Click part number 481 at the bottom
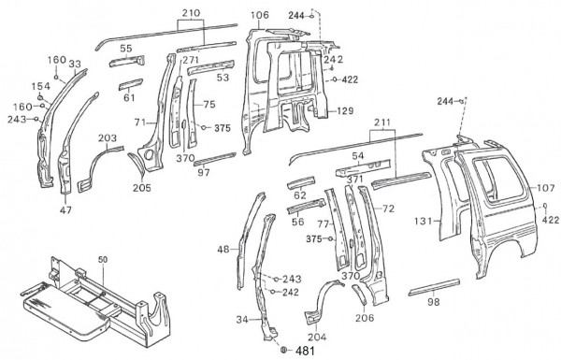(x=305, y=351)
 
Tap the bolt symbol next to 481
(x=283, y=350)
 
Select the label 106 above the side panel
(x=260, y=15)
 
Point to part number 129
(x=344, y=111)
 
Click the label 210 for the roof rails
(x=191, y=13)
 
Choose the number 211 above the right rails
(x=382, y=123)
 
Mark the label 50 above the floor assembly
(x=103, y=259)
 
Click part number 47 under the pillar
(x=65, y=210)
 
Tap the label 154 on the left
(x=41, y=86)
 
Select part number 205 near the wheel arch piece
(x=142, y=188)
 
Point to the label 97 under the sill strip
(x=204, y=173)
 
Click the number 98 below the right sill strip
(x=433, y=302)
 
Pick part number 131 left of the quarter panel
(x=424, y=222)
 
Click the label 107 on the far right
(x=546, y=188)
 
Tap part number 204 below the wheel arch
(x=317, y=338)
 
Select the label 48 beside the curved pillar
(x=223, y=250)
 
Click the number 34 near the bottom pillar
(x=242, y=320)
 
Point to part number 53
(x=223, y=78)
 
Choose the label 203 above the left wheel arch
(x=108, y=137)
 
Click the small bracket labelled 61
(x=131, y=85)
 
